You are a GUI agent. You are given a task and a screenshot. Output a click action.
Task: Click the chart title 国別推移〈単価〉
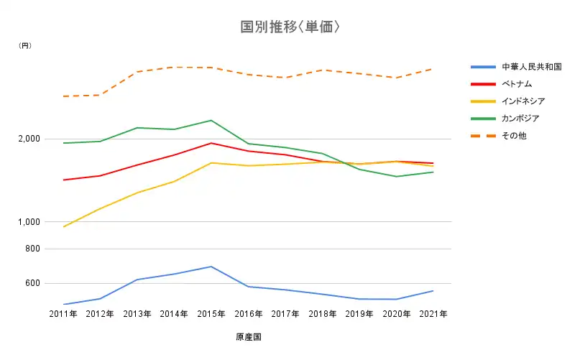pos(290,27)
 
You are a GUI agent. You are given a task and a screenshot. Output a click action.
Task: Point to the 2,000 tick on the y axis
pos(30,139)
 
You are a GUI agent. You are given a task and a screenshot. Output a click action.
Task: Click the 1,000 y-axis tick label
pos(30,222)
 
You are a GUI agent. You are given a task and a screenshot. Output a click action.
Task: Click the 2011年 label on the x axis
pos(63,314)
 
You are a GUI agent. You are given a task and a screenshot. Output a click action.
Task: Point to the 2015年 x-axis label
pos(211,314)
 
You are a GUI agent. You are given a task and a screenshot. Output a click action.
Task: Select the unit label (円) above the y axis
pos(25,45)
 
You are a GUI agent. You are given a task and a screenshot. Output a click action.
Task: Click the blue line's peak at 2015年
pos(211,267)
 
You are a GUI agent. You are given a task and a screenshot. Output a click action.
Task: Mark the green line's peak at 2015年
pos(211,120)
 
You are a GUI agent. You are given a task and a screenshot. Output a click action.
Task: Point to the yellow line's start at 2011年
pos(64,227)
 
